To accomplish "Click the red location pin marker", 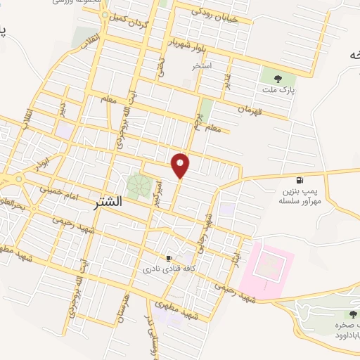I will tap(181, 165).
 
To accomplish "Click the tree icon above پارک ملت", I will tap(278, 79).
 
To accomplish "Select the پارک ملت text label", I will tap(278, 91).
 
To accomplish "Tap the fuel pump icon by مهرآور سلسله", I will tap(300, 180).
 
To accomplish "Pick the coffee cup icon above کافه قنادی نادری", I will tap(168, 258).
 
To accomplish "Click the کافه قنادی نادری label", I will tap(164, 269).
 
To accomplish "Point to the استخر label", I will tap(202, 66).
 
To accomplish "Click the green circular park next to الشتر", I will tap(139, 186).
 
